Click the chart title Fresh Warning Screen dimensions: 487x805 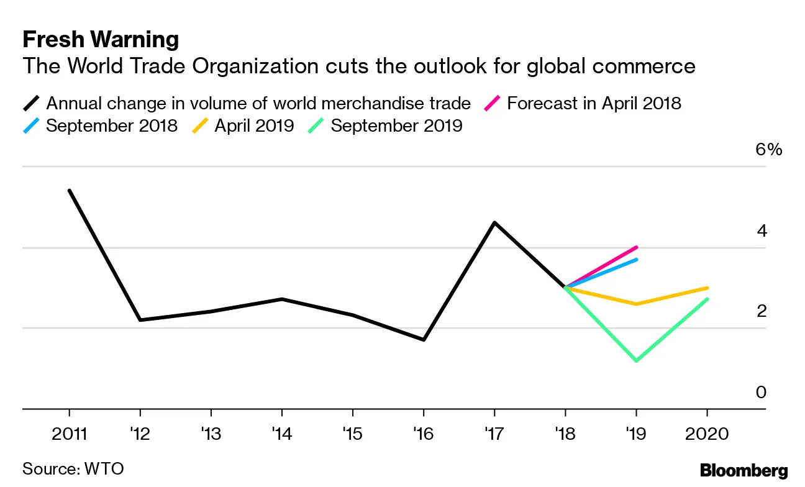pos(101,40)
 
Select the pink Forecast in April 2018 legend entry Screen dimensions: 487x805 pos(593,102)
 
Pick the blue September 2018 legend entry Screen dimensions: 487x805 pos(111,125)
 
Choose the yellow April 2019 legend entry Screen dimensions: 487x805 pos(253,125)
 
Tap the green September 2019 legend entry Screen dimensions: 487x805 pos(396,125)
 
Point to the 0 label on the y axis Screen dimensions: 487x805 pos(761,393)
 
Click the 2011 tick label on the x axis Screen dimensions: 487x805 pos(69,433)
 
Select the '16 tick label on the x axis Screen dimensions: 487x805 pos(423,433)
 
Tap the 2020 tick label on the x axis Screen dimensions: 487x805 pos(707,433)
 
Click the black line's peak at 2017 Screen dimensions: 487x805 pos(494,222)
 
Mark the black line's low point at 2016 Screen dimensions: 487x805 pos(424,340)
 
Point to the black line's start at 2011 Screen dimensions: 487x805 pos(69,190)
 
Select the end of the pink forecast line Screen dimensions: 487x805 pos(637,247)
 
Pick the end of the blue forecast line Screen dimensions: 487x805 pos(637,259)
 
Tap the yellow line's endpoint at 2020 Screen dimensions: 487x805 pos(707,288)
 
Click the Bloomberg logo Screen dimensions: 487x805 pos(744,470)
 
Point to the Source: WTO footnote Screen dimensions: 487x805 pos(73,468)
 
